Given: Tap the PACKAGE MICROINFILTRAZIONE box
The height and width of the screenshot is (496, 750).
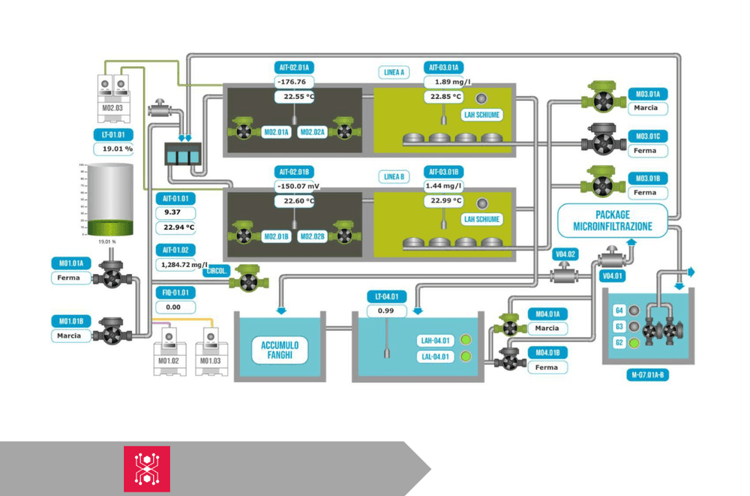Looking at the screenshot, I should (613, 221).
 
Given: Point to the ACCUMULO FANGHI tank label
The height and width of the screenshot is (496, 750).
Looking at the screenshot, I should (280, 350).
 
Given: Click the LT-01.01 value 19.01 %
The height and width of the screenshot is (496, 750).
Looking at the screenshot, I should (118, 149).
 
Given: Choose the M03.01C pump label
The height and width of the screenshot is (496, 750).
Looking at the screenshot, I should (648, 137).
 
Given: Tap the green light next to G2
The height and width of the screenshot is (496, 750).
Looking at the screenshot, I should (634, 343).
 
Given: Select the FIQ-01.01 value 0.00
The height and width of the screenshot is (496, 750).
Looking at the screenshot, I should (174, 307).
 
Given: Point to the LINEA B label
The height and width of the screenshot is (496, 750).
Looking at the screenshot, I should (394, 177).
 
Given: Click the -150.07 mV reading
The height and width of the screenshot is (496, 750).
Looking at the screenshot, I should (298, 185).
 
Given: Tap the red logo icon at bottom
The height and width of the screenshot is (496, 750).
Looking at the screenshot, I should (147, 469).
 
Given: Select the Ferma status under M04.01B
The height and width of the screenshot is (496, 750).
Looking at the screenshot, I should (547, 368).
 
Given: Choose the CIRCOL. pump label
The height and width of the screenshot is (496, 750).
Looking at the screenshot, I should (218, 271).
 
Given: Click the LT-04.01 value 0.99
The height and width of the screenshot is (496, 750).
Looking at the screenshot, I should (386, 311).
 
